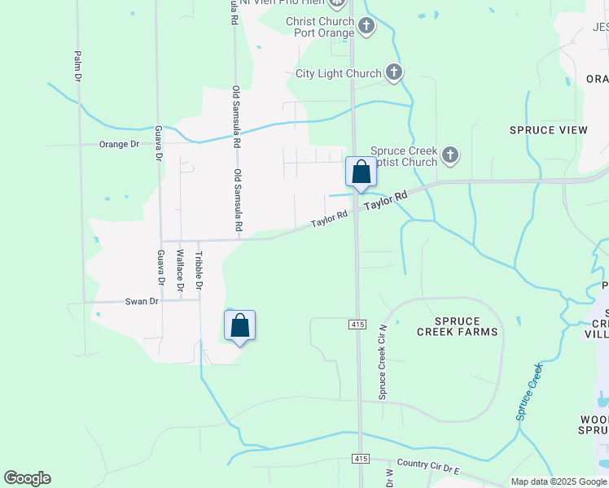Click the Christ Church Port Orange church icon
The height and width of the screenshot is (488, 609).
366,26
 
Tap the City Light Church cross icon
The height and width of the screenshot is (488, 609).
394,73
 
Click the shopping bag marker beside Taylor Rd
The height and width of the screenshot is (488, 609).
361,172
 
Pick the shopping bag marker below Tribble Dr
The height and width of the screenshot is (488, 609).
239,326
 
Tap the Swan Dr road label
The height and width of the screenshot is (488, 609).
141,301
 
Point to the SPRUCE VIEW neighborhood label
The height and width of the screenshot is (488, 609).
549,130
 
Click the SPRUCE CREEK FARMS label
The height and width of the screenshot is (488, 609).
457,326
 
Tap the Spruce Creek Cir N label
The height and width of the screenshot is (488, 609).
381,362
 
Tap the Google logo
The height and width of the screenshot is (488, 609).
27,478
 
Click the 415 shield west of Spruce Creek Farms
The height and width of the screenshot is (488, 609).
357,325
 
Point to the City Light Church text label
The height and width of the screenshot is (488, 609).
338,73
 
